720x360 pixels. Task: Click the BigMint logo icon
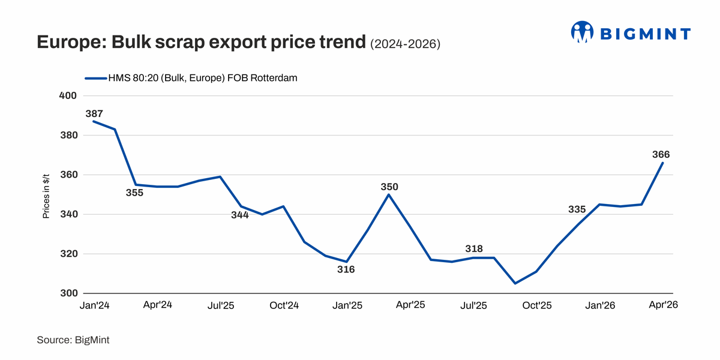[581, 32]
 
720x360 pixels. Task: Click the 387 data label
[94, 113]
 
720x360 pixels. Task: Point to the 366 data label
[661, 155]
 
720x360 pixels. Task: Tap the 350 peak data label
[389, 187]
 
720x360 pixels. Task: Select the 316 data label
[346, 269]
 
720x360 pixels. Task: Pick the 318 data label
[474, 249]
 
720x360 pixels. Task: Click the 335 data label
[577, 209]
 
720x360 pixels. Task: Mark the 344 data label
[240, 215]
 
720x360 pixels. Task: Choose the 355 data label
[135, 193]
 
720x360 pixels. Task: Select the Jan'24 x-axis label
[94, 305]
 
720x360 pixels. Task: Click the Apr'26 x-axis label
[664, 305]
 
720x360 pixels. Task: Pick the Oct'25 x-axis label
[537, 305]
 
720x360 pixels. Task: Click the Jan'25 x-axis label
[347, 305]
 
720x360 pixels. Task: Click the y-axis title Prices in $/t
[46, 194]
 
